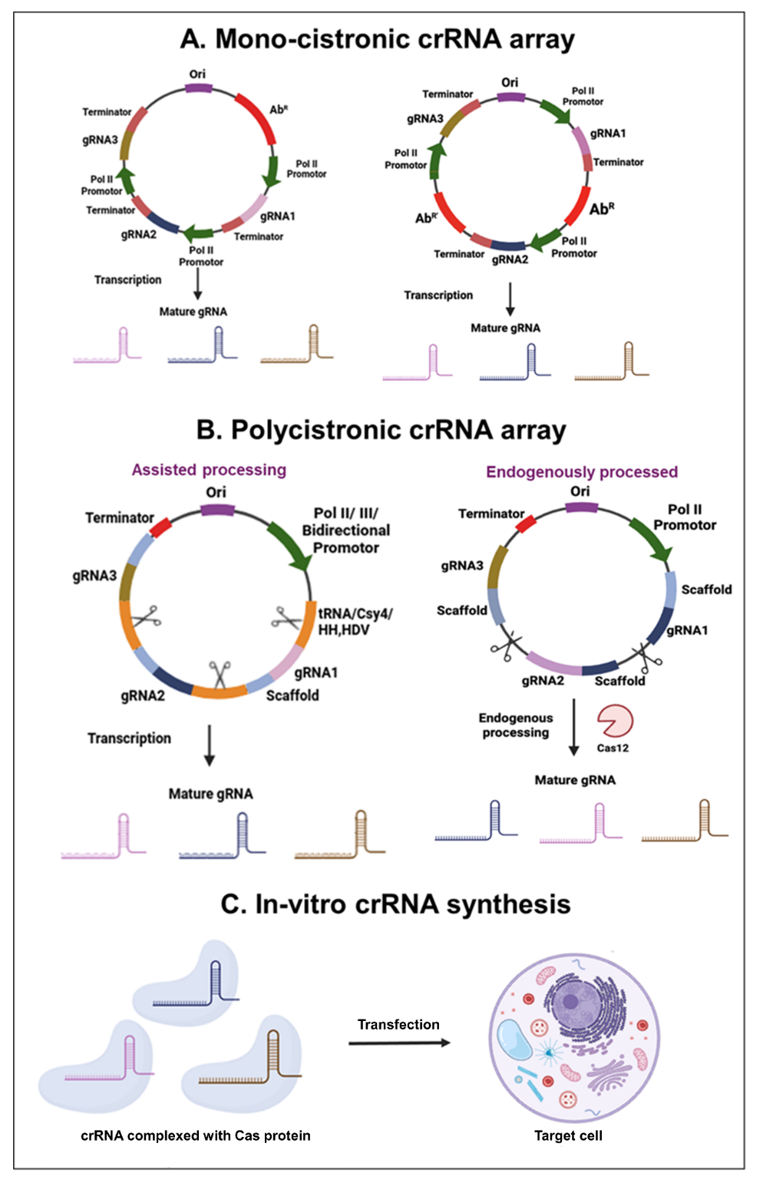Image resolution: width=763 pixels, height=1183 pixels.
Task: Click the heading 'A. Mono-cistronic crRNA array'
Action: (377, 38)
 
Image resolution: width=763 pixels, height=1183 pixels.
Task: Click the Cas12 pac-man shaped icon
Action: (614, 721)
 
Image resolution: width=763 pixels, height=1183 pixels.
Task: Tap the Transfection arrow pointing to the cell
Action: (399, 1043)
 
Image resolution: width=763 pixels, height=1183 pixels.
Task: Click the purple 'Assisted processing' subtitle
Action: (209, 470)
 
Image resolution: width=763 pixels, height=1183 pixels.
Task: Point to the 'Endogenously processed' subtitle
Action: (582, 472)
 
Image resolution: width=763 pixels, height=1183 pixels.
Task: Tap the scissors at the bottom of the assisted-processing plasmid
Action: (220, 676)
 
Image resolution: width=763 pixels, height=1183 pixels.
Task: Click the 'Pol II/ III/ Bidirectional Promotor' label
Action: (345, 530)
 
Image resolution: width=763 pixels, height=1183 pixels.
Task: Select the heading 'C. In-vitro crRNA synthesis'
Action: (395, 904)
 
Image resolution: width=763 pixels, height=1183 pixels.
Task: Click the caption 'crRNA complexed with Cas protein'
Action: (196, 1135)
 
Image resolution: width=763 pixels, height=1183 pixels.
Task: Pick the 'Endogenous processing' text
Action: (516, 725)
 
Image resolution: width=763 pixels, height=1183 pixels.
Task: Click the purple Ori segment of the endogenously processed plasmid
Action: (580, 507)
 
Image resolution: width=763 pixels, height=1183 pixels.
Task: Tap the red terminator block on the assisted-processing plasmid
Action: (160, 528)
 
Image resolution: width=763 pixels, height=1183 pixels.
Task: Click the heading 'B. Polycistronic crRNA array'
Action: (381, 430)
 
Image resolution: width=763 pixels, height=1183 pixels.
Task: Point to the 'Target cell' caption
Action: (568, 1135)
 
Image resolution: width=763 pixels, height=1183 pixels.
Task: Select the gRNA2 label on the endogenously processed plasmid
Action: (543, 681)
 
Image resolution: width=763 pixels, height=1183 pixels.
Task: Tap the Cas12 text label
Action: (613, 748)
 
